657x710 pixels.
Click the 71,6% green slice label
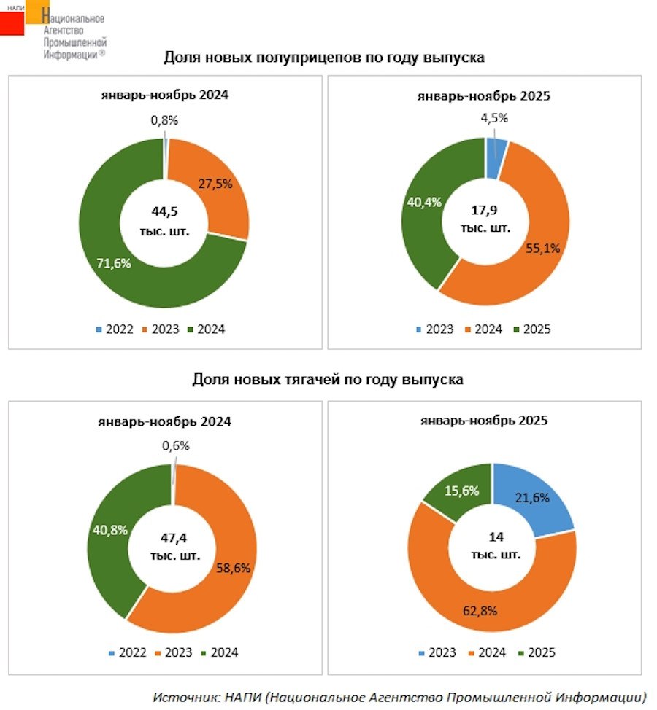pyautogui.click(x=113, y=263)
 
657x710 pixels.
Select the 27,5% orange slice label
pyautogui.click(x=215, y=184)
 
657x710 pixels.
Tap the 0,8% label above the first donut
pyautogui.click(x=165, y=120)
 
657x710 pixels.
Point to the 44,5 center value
pyautogui.click(x=165, y=211)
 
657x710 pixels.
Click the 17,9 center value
pyautogui.click(x=485, y=211)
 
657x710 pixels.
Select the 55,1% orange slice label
pyautogui.click(x=542, y=248)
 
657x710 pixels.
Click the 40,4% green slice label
pyautogui.click(x=425, y=202)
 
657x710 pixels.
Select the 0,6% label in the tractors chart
pyautogui.click(x=175, y=445)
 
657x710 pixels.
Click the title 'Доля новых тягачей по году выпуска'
pyautogui.click(x=328, y=380)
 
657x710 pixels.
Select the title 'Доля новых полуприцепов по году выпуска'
pyautogui.click(x=324, y=58)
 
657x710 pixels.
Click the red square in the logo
pyautogui.click(x=12, y=23)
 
